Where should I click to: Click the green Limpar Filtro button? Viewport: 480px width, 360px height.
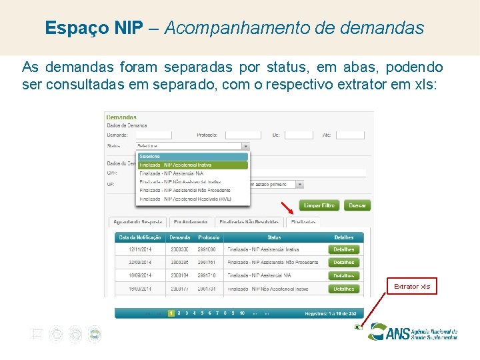point(319,205)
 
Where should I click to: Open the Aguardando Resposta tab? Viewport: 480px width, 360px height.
point(138,221)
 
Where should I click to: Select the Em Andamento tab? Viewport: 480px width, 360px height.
point(191,221)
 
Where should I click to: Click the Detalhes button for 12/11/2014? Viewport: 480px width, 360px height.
point(344,249)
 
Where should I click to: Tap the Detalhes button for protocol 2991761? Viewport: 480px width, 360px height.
point(344,263)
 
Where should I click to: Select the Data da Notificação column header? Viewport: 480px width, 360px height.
point(140,237)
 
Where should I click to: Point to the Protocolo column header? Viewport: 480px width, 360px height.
point(209,237)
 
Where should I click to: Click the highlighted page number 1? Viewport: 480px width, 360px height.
point(171,313)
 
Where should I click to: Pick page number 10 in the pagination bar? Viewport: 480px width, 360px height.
point(242,313)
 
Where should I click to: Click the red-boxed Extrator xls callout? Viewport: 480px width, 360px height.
point(412,287)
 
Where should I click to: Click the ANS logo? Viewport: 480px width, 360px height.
point(413,332)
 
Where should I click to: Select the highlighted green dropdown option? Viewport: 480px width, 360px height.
point(192,165)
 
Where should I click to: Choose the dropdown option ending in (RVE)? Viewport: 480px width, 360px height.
point(192,199)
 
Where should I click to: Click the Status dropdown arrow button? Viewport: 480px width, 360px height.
point(245,146)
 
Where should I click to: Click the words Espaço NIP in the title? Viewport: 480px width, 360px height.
point(94,28)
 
